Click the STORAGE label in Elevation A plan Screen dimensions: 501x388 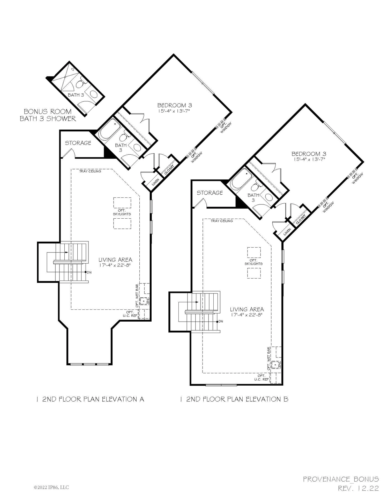[x=78, y=143]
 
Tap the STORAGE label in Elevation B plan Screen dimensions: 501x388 [x=210, y=193]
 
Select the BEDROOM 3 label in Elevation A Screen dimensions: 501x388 [x=175, y=105]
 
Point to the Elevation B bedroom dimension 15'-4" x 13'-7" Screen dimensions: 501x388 [x=309, y=159]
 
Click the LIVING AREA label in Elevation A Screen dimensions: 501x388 [x=115, y=260]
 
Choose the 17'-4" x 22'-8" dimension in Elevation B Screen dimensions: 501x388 [x=247, y=315]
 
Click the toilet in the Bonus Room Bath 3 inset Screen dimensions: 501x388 [x=80, y=84]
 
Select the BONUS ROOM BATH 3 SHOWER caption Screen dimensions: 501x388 [x=48, y=115]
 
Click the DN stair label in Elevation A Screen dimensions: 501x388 [x=89, y=272]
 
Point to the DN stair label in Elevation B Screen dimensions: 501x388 [x=221, y=322]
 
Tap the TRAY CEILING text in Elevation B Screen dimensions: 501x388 [x=222, y=221]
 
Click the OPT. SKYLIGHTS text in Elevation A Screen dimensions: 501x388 [x=122, y=212]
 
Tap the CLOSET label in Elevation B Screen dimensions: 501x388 [x=301, y=219]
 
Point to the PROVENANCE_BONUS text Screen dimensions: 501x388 [x=341, y=479]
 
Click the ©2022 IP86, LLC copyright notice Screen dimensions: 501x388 [x=51, y=487]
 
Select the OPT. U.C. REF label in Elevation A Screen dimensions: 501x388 [x=130, y=314]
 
